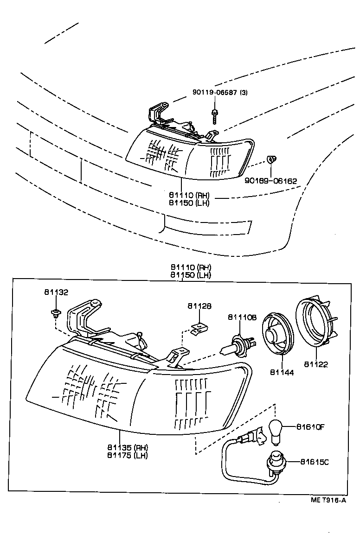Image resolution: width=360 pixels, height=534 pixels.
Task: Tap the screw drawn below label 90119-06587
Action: click(215, 115)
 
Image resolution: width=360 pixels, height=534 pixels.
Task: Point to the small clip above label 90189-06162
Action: click(271, 160)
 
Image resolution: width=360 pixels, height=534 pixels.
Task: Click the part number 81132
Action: click(56, 292)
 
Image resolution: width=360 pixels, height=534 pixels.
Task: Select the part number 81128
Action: click(199, 306)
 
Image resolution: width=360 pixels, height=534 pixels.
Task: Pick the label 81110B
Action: click(242, 317)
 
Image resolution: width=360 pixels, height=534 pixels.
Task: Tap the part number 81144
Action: click(282, 372)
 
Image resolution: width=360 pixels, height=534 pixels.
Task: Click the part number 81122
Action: click(316, 364)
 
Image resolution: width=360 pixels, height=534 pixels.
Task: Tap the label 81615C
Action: click(315, 462)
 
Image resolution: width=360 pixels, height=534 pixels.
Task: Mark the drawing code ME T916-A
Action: click(328, 500)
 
